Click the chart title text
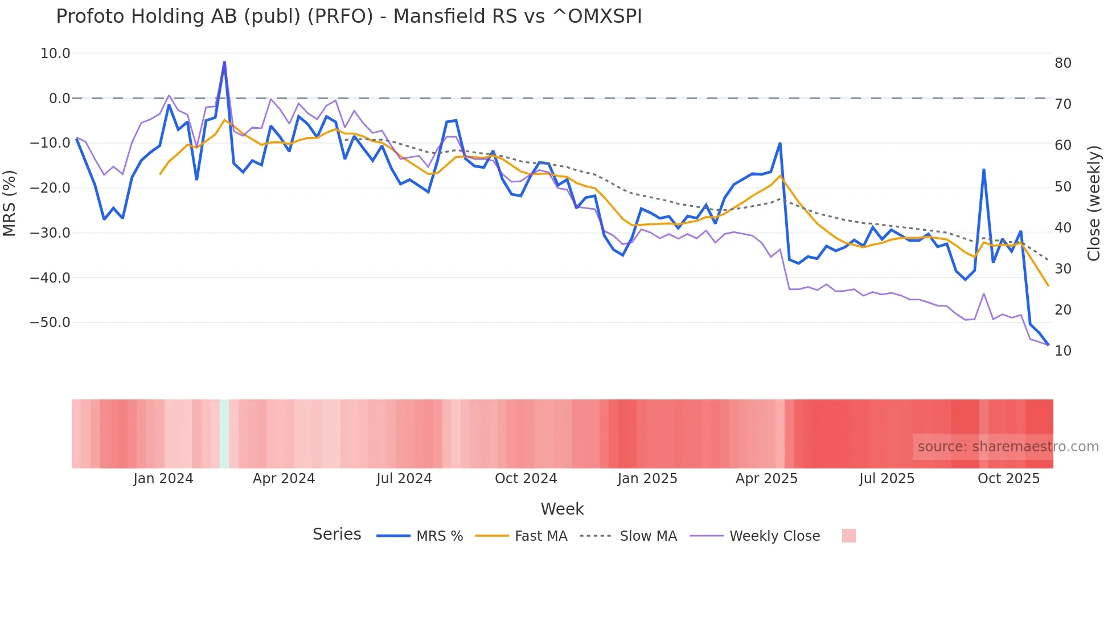coord(348,17)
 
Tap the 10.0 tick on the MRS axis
coord(55,54)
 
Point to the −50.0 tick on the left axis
coord(50,323)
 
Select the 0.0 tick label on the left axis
coord(59,99)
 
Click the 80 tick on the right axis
coord(1063,63)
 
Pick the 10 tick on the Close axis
coord(1063,351)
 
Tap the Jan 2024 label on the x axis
coord(163,479)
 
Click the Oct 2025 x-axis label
coord(1008,479)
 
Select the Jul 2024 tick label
coord(404,479)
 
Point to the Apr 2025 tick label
coord(766,479)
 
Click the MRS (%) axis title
coord(9,203)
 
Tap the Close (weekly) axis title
coord(1094,203)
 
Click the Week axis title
coord(562,509)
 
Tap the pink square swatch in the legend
coord(848,536)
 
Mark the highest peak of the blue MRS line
coord(224,62)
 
